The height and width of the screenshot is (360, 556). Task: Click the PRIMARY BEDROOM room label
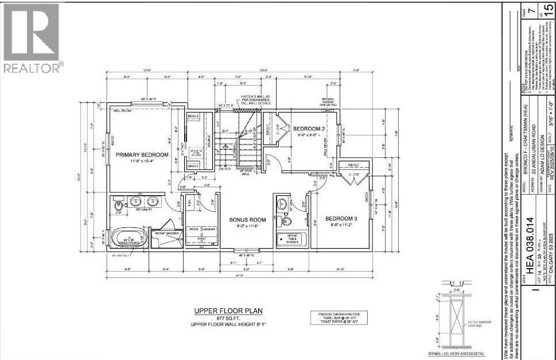pyautogui.click(x=142, y=155)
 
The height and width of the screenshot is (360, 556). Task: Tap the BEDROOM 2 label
pyautogui.click(x=309, y=129)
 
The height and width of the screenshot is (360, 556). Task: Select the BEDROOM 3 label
pyautogui.click(x=341, y=218)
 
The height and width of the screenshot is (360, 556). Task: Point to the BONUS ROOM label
pyautogui.click(x=247, y=219)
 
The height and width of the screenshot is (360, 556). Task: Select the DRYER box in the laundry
pyautogui.click(x=193, y=229)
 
